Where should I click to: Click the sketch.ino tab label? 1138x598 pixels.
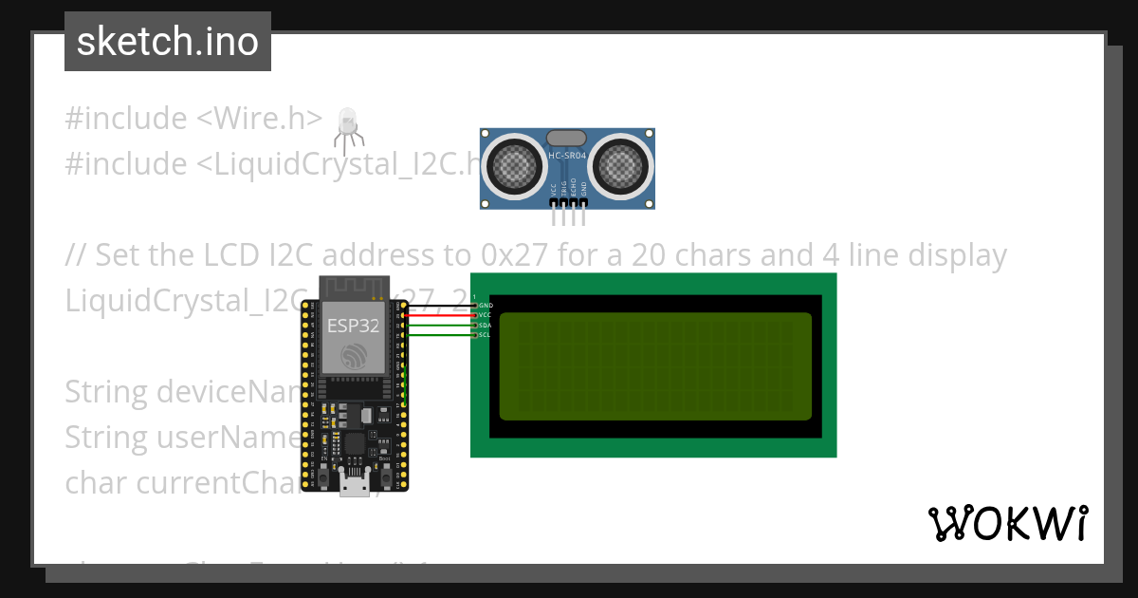pos(167,42)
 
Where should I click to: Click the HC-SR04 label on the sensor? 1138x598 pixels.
pos(567,155)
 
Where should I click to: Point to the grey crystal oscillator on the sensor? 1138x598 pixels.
pos(567,139)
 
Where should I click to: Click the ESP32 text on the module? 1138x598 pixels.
pos(353,327)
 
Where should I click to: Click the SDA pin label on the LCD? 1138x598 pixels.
pos(485,326)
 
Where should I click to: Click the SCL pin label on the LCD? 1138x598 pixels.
pos(485,335)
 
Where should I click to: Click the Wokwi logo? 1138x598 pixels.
pos(1007,523)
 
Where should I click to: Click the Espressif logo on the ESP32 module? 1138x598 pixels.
pos(353,357)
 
